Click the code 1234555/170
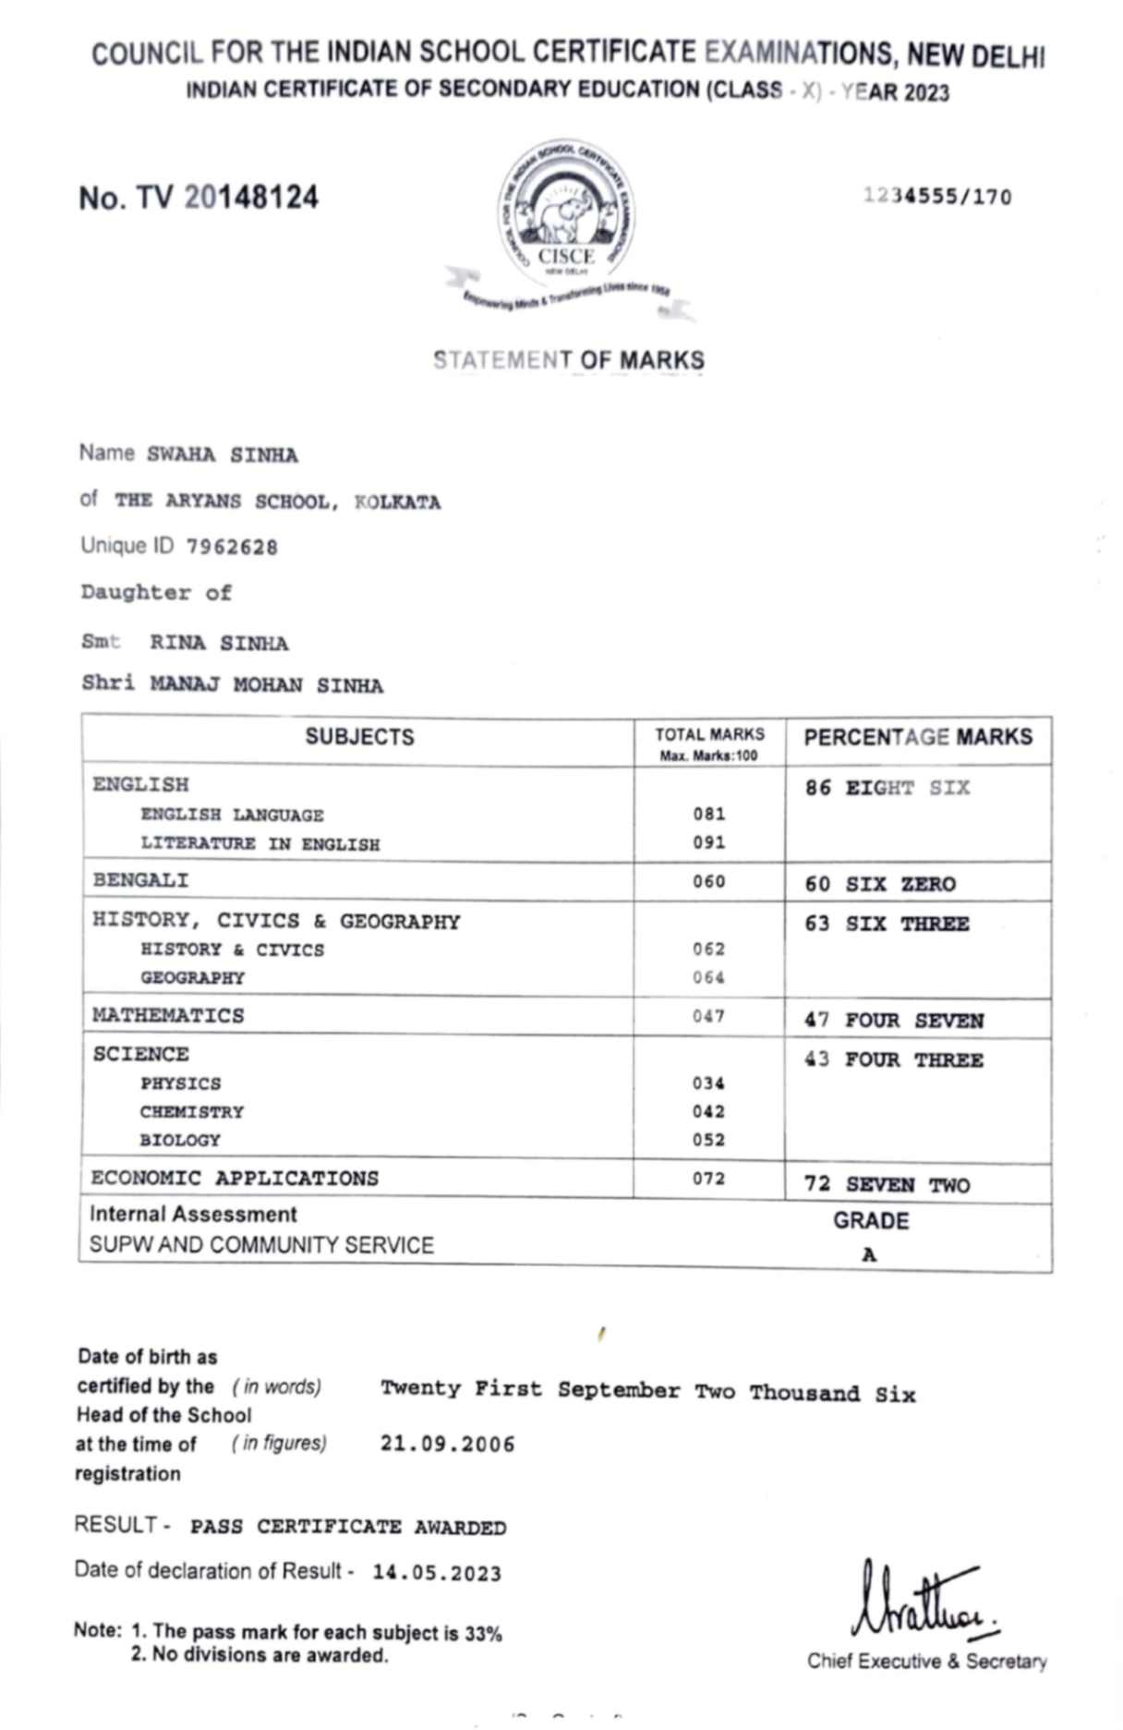coord(937,196)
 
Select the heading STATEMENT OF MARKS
coord(569,360)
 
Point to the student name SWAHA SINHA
coord(223,455)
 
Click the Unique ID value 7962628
coord(232,548)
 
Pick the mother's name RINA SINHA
coord(219,643)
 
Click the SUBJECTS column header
coord(359,737)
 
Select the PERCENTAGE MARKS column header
coord(918,737)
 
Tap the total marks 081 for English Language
coord(709,814)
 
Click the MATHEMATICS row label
coord(168,1015)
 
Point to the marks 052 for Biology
coord(709,1140)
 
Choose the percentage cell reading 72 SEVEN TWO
coord(887,1184)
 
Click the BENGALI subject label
coord(140,880)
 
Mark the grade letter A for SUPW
coord(869,1254)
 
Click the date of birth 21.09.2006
coord(448,1444)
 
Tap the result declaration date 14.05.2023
coord(437,1573)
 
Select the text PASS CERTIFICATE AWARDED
coord(348,1527)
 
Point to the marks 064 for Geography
coord(709,977)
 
